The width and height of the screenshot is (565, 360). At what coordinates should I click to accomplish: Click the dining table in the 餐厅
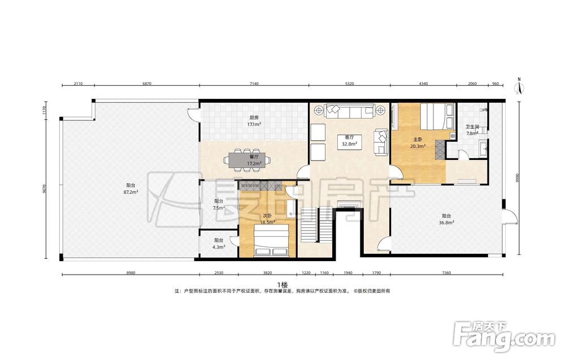tap(247, 159)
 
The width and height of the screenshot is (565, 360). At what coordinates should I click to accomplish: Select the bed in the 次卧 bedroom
tap(271, 240)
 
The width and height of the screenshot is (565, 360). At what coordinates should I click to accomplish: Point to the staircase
tap(316, 224)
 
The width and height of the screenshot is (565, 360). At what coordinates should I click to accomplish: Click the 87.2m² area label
tap(131, 192)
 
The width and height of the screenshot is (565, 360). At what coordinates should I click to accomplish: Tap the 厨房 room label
tap(254, 118)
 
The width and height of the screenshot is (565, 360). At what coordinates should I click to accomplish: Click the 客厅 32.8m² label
tap(349, 141)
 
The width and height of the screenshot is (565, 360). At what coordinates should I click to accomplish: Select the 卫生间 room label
tap(472, 127)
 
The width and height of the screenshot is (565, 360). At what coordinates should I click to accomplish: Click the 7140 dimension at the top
tap(254, 84)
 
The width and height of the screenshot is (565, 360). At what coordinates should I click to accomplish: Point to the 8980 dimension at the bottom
tap(131, 273)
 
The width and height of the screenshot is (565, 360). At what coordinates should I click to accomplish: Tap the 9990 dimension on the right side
tap(518, 178)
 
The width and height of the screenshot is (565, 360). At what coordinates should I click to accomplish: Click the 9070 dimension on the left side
tap(45, 189)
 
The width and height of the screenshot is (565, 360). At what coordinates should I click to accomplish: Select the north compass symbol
tap(519, 86)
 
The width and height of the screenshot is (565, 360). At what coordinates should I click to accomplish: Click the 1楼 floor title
tap(282, 285)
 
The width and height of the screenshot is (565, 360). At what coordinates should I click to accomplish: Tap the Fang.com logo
tap(504, 337)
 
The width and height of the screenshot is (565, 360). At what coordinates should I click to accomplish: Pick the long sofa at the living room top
tap(349, 111)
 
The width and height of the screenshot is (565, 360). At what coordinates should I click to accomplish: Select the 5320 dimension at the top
tap(349, 84)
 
